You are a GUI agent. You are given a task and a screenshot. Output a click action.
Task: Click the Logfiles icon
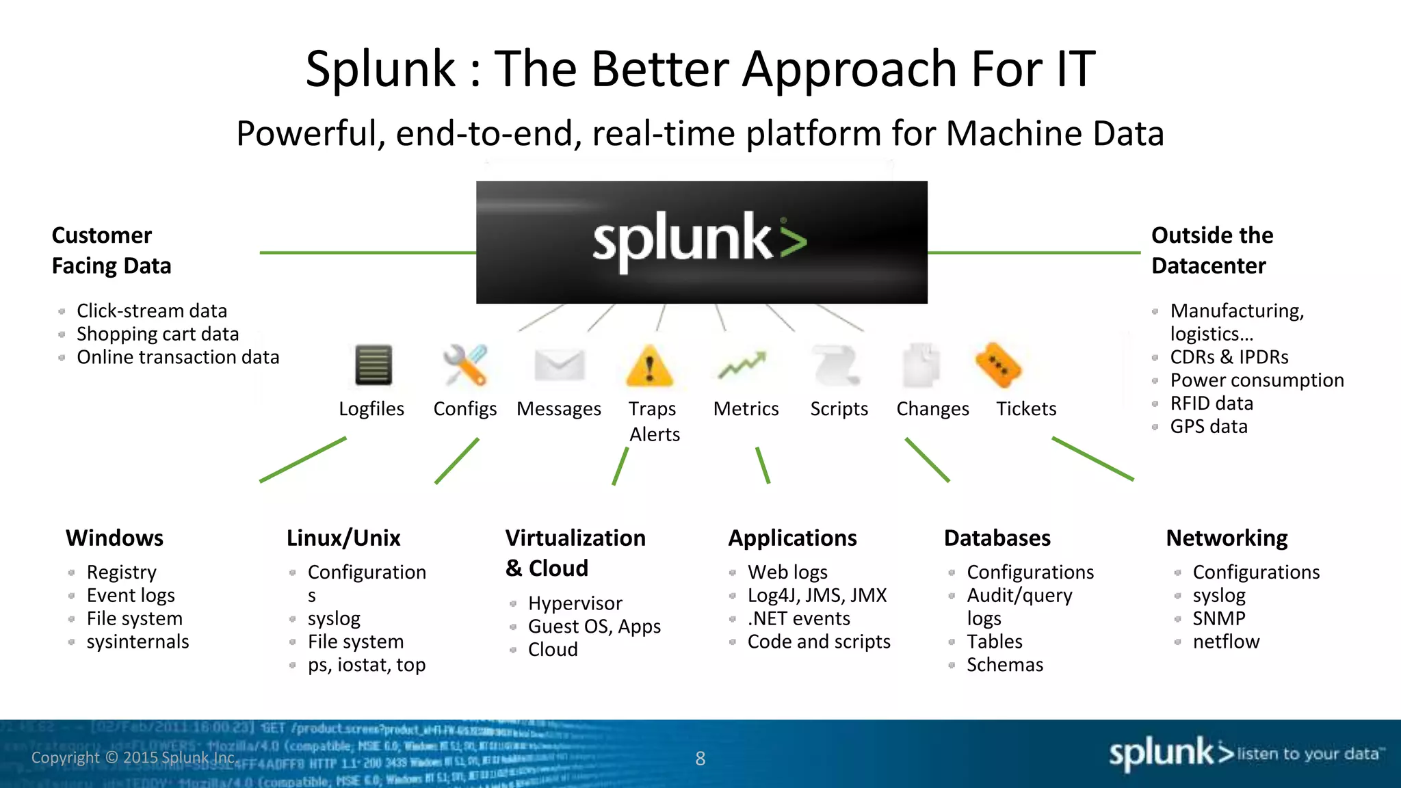pyautogui.click(x=374, y=365)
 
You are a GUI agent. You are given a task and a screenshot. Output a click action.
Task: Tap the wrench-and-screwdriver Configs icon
pyautogui.click(x=465, y=365)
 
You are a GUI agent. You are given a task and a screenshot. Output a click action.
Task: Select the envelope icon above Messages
pyautogui.click(x=560, y=365)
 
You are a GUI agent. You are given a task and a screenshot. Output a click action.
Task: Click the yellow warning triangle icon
pyautogui.click(x=650, y=367)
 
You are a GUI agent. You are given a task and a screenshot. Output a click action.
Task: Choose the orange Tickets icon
pyautogui.click(x=998, y=365)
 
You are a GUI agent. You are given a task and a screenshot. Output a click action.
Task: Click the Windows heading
pyautogui.click(x=114, y=538)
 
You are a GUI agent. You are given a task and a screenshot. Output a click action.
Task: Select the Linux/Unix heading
pyautogui.click(x=343, y=538)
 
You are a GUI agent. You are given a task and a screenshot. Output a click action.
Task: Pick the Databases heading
pyautogui.click(x=997, y=538)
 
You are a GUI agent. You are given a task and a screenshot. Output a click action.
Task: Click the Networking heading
pyautogui.click(x=1227, y=538)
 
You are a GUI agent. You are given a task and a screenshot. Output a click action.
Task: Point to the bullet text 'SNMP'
pyautogui.click(x=1218, y=618)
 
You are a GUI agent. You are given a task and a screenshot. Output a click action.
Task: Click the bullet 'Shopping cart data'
pyautogui.click(x=157, y=334)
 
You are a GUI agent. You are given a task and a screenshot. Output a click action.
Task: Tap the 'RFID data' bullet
pyautogui.click(x=1212, y=404)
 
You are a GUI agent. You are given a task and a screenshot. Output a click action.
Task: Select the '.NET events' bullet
pyautogui.click(x=798, y=618)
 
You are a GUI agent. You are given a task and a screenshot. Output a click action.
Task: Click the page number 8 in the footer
pyautogui.click(x=700, y=758)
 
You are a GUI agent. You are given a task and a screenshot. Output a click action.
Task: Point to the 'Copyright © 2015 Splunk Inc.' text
pyautogui.click(x=134, y=758)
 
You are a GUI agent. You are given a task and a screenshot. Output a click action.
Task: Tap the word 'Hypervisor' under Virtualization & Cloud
pyautogui.click(x=575, y=603)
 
